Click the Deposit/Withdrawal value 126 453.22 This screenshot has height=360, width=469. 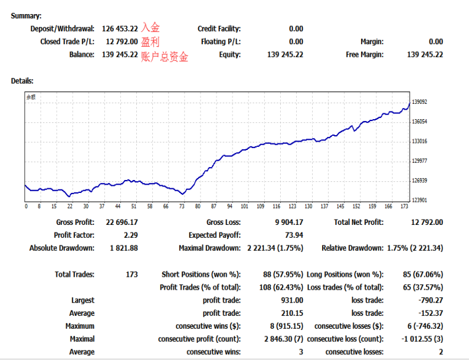point(120,28)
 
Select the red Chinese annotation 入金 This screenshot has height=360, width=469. point(150,28)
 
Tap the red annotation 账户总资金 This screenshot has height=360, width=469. point(165,57)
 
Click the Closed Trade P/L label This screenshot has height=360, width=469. point(67,42)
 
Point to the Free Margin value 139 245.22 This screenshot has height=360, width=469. point(425,55)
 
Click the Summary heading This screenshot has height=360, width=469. point(26,16)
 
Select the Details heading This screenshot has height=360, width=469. point(22,81)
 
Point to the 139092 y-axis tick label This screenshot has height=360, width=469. point(419,102)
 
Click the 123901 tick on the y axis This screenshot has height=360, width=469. point(419,201)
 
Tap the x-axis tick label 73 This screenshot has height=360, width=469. point(182,207)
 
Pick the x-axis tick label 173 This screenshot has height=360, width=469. point(404,207)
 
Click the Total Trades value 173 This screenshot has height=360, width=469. point(132,274)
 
